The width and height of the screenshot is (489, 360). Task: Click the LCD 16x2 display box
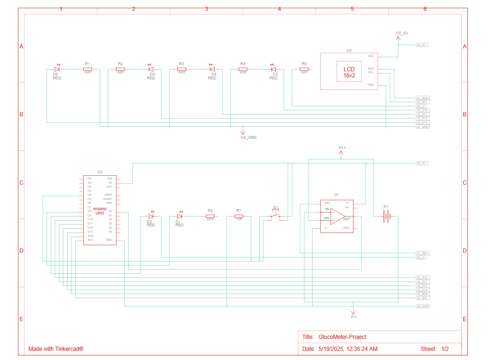pos(349,72)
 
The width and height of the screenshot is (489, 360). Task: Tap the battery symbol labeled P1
pos(386,217)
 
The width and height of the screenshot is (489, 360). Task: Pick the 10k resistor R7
pos(239,217)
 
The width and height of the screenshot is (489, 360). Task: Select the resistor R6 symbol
pos(210,217)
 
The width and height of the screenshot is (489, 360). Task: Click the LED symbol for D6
pos(57,69)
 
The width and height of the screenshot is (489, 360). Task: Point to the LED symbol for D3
pos(273,69)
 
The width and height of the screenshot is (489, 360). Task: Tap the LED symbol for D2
pos(150,216)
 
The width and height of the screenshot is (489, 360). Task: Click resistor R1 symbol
pos(87,69)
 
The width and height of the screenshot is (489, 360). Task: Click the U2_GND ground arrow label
pos(248,137)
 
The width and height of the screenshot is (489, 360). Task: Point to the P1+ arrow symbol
pos(341,153)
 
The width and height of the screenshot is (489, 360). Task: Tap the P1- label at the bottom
pos(354,317)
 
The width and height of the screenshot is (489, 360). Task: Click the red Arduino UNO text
pos(100,211)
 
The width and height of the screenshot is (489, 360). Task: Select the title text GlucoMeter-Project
pos(342,337)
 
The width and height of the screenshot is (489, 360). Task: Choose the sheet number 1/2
pos(444,349)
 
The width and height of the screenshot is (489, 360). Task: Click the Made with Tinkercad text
pos(56,349)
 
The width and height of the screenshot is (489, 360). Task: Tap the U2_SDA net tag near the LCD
pos(422,98)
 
